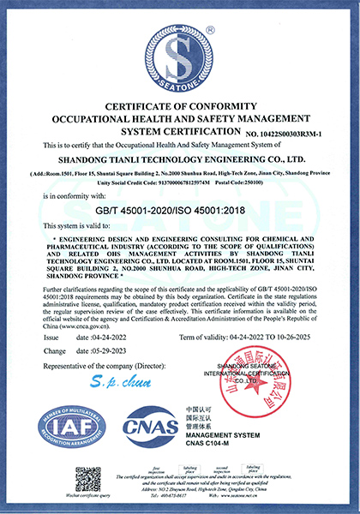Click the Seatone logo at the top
point(180,60)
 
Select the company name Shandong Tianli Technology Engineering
point(180,158)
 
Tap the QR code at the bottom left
point(87,478)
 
